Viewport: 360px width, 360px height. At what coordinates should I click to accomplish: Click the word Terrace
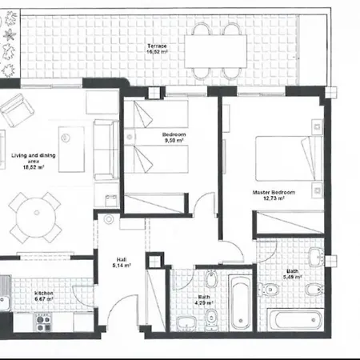[157, 46]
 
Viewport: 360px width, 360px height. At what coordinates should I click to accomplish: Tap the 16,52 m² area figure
[157, 53]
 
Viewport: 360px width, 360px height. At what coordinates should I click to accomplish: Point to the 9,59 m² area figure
[174, 140]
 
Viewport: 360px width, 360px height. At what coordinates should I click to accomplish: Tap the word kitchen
[43, 294]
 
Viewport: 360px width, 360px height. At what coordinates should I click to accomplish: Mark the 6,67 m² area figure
[43, 300]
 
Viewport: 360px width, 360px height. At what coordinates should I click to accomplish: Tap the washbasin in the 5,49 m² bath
[317, 257]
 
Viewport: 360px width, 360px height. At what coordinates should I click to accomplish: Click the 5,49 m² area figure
[293, 280]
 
